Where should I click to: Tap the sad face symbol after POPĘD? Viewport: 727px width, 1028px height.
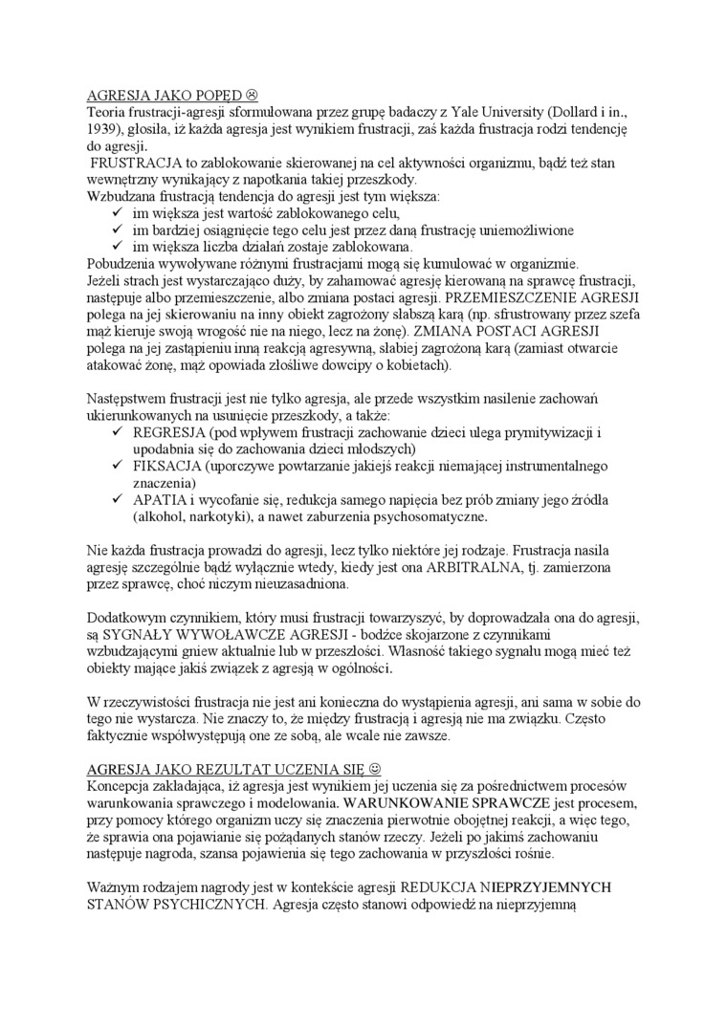pos(253,97)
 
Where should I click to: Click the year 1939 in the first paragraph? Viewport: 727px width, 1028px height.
pos(104,128)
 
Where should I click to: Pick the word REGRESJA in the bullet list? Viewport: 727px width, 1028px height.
pos(165,431)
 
